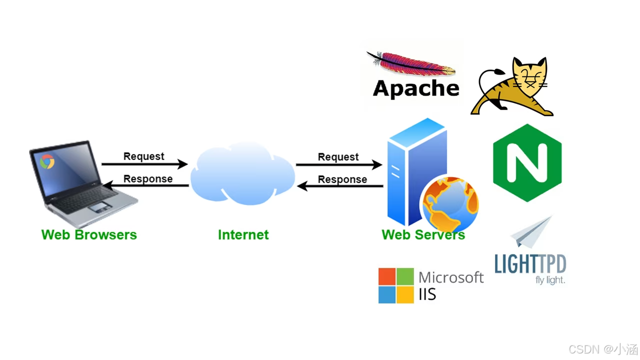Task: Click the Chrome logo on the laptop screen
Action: (x=47, y=161)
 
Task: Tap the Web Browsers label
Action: (x=89, y=234)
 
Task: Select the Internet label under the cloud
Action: (x=243, y=234)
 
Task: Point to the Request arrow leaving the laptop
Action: (x=144, y=164)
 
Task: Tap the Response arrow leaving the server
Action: (x=340, y=186)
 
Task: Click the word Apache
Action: (x=416, y=88)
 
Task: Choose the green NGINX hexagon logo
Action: (x=527, y=163)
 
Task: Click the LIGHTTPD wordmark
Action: (x=530, y=263)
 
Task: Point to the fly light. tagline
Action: (x=550, y=280)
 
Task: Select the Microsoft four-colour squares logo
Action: (x=396, y=285)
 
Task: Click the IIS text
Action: (x=427, y=294)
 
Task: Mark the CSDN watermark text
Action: (x=603, y=349)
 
